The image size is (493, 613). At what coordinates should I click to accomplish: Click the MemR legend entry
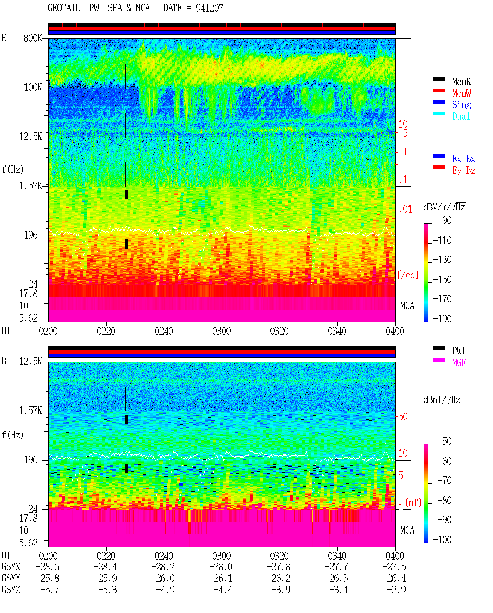461,82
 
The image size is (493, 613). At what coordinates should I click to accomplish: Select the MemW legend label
461,93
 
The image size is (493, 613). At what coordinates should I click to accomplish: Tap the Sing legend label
461,105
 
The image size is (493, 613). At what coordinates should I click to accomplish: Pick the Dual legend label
461,116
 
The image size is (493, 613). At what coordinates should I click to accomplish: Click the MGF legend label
459,362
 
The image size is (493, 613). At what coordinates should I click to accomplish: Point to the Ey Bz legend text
463,170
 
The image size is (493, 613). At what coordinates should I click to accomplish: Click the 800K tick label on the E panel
33,38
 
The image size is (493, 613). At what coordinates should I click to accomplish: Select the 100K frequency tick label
33,87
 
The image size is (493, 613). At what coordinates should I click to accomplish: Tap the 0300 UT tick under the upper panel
221,331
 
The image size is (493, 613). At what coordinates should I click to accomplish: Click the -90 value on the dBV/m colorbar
444,220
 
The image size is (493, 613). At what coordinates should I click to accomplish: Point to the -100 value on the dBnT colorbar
442,539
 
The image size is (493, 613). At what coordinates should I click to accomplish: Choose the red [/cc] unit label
408,275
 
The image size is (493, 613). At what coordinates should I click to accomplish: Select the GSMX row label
11,566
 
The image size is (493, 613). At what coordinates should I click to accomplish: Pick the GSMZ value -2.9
396,590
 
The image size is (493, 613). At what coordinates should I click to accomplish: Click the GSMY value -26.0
163,578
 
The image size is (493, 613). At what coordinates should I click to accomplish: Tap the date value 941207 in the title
210,8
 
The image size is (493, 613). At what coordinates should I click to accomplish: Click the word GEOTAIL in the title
64,8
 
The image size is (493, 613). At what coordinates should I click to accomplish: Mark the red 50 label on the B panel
403,416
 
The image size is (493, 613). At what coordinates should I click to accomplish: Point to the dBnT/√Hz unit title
442,400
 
